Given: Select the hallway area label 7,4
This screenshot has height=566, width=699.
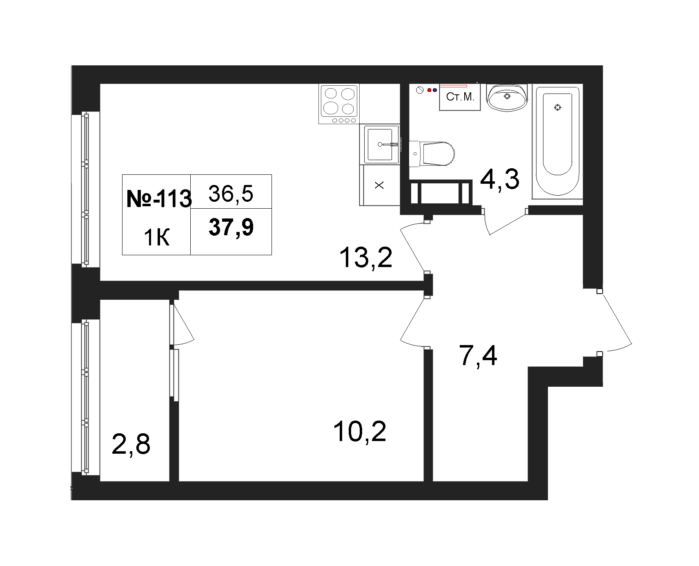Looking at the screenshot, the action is pos(478,355).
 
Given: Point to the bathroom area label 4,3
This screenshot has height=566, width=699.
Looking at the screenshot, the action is pos(499,180).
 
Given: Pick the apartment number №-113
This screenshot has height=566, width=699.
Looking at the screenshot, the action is pos(159,199).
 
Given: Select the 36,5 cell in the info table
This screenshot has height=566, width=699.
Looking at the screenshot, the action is pos(231,193).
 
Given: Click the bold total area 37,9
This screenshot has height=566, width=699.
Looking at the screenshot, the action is pos(231,227).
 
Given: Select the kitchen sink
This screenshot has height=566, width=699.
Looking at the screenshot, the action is pos(380,144).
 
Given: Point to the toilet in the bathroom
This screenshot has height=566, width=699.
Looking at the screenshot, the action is pos(432,154).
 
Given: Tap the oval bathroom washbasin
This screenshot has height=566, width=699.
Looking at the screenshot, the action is pos(507,97).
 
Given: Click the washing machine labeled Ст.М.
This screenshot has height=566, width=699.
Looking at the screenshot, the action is pos(460,97).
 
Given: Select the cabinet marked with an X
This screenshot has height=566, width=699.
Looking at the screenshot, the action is pos(380,185).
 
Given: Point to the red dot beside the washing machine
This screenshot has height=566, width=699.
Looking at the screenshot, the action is pos(429,90).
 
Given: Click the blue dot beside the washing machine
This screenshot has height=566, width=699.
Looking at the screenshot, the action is pos(435,90).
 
